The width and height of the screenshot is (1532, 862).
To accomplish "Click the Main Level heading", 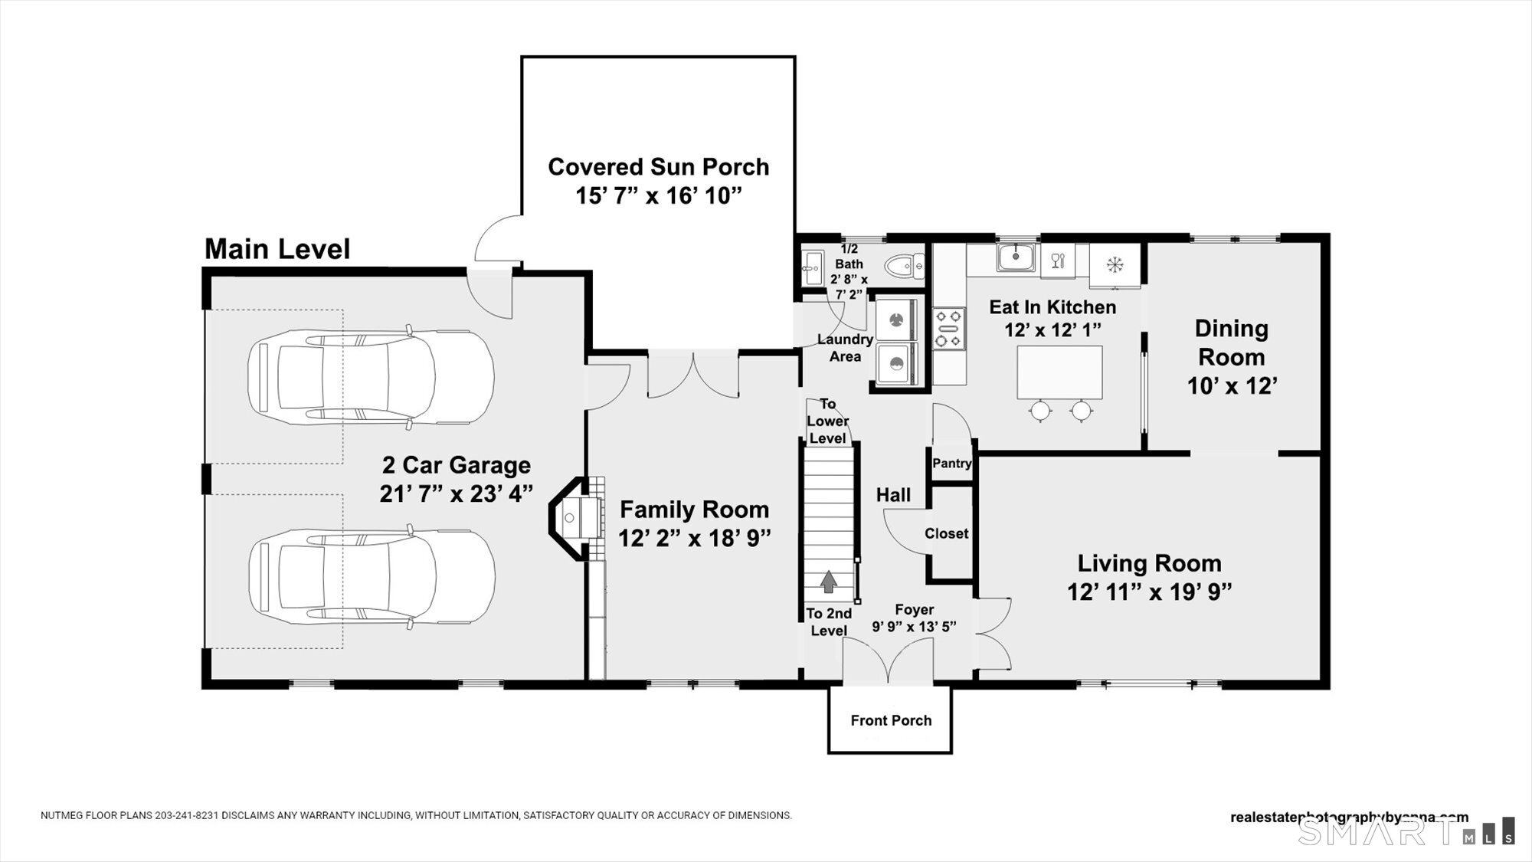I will [277, 249].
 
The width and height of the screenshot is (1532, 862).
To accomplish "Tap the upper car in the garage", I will [372, 376].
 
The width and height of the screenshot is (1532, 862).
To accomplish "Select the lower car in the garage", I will [372, 576].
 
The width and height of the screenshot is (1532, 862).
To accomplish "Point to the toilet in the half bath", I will [904, 267].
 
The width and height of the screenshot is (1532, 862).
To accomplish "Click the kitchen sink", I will [1016, 257].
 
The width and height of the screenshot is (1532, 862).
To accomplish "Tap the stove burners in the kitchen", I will [948, 328].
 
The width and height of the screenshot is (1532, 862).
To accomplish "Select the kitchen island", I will [1059, 372].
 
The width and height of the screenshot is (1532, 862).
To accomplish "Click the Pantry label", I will [951, 463].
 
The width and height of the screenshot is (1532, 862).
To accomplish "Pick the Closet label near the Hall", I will [946, 533].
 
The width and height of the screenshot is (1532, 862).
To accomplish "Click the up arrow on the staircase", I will [828, 582].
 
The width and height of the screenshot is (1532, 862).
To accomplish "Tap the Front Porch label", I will [891, 720].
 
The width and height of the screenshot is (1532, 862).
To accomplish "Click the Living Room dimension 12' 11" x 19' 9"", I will [1149, 592].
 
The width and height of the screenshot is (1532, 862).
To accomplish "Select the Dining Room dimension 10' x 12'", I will [1231, 385].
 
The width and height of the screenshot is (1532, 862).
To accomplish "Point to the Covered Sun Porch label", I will [658, 167].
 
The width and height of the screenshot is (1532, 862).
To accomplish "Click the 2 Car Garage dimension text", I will [456, 493].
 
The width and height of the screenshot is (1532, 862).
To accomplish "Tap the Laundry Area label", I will [845, 348].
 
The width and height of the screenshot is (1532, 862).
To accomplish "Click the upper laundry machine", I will [895, 318].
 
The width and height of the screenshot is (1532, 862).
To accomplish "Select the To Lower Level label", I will [827, 421].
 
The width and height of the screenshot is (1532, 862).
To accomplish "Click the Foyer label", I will [914, 609].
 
